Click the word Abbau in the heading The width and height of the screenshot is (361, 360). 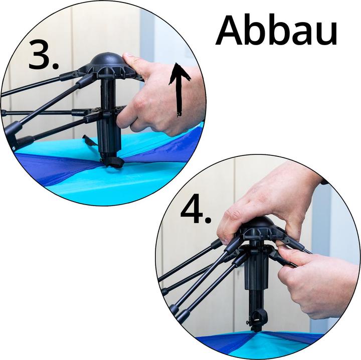[x=276, y=31]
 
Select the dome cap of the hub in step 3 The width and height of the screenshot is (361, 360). [x=107, y=62]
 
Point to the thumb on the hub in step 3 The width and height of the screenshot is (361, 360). [x=131, y=63]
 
